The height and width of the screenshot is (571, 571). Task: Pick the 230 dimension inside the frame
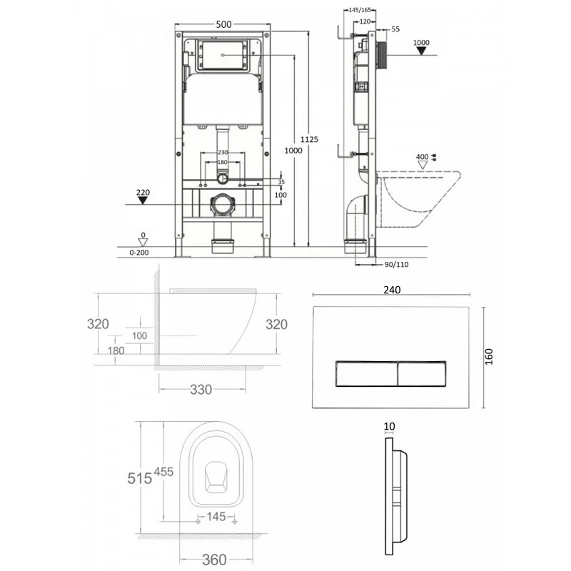pyautogui.click(x=223, y=152)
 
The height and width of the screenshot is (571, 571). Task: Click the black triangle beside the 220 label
pyautogui.click(x=143, y=201)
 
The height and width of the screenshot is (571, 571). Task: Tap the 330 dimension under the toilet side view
pyautogui.click(x=201, y=389)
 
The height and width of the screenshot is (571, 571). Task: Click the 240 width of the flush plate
pyautogui.click(x=390, y=290)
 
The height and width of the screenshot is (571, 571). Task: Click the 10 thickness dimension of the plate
pyautogui.click(x=389, y=426)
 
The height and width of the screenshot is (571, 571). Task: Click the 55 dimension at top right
pyautogui.click(x=395, y=29)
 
